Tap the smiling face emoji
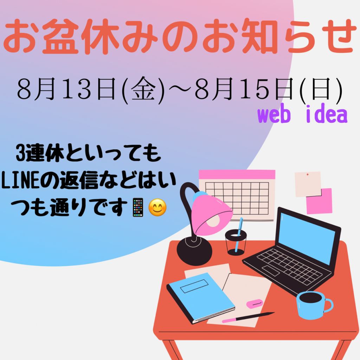click(157, 207)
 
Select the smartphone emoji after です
click(138, 207)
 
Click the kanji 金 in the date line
click(143, 89)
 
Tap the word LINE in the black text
click(21, 180)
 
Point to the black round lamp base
click(194, 251)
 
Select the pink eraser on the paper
click(255, 304)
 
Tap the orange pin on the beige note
click(307, 174)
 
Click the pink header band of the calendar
click(237, 174)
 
